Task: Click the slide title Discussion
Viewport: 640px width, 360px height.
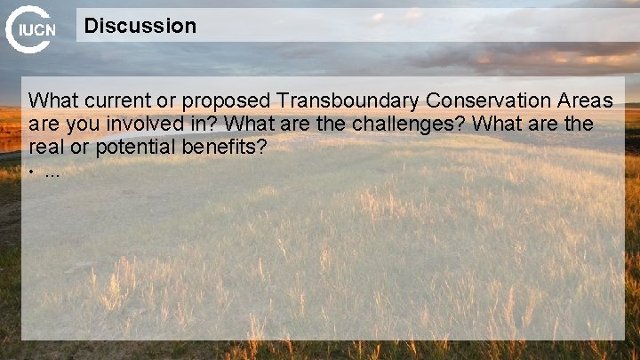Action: click(x=140, y=26)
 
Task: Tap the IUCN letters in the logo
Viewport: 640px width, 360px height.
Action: click(x=38, y=30)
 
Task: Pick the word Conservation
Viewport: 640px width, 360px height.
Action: click(x=480, y=100)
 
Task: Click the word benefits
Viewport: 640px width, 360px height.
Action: click(x=223, y=147)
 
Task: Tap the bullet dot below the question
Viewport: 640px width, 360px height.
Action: click(x=32, y=171)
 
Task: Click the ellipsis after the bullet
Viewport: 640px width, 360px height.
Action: click(x=52, y=172)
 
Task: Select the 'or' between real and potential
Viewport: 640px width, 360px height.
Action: click(x=79, y=147)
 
